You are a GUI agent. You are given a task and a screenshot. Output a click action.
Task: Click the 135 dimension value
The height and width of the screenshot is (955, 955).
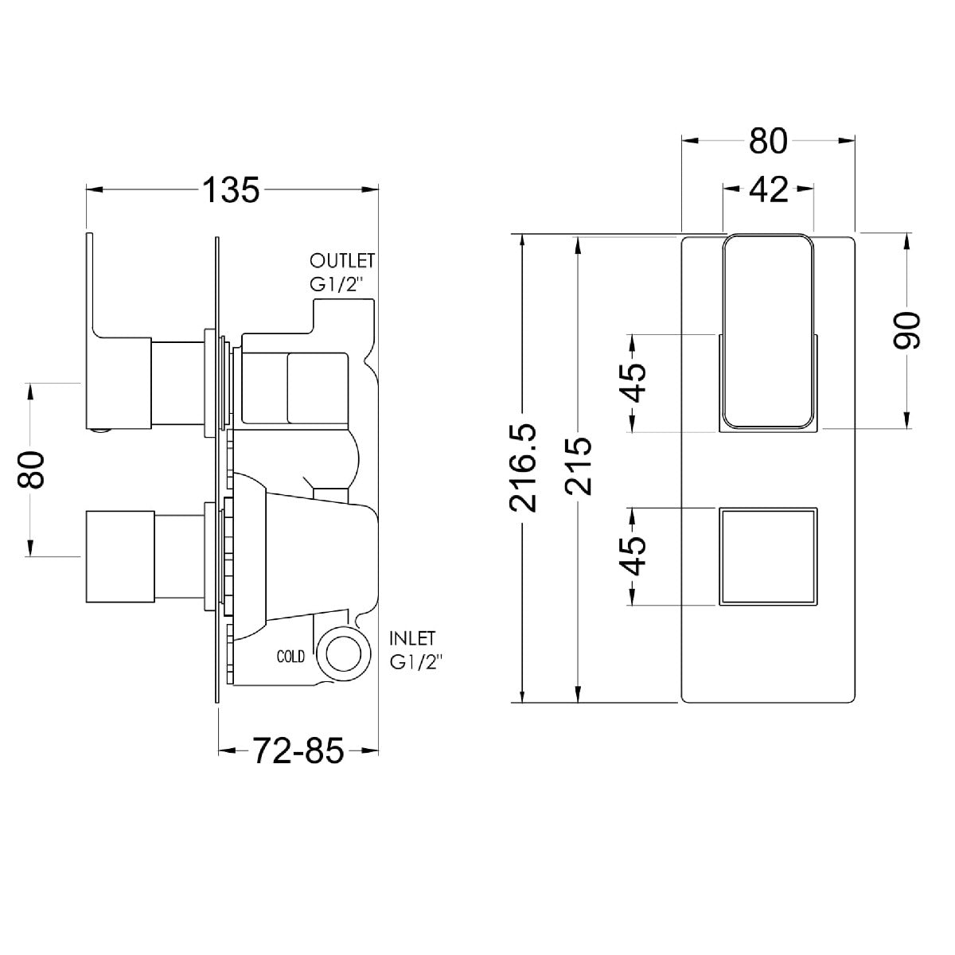tap(231, 190)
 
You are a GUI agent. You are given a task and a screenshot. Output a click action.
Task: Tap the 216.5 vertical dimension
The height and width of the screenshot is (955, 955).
tap(524, 468)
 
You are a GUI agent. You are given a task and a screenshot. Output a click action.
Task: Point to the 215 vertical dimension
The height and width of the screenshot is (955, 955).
tap(579, 466)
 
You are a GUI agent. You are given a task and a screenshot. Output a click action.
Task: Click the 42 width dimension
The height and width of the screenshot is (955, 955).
tap(769, 189)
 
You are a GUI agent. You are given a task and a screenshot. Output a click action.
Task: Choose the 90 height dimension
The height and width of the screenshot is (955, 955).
tap(906, 330)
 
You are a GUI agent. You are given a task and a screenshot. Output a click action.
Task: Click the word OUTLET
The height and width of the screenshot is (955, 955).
tap(342, 260)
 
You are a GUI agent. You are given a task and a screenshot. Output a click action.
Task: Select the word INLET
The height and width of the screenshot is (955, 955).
tap(412, 638)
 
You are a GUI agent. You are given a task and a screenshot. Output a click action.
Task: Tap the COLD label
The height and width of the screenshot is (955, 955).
tap(291, 657)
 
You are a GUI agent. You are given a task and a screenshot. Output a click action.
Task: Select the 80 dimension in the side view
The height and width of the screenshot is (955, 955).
tap(32, 470)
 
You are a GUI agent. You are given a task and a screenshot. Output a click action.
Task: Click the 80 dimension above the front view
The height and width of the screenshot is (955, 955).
tap(768, 141)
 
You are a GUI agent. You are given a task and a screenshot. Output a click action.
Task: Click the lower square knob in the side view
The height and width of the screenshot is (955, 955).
tap(120, 556)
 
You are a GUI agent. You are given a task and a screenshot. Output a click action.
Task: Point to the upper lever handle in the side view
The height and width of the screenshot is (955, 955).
tap(119, 331)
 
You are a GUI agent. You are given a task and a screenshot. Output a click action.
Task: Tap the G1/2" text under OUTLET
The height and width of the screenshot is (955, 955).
tap(337, 285)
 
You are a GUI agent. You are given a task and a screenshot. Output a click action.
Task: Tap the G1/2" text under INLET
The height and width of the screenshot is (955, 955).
tap(416, 663)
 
